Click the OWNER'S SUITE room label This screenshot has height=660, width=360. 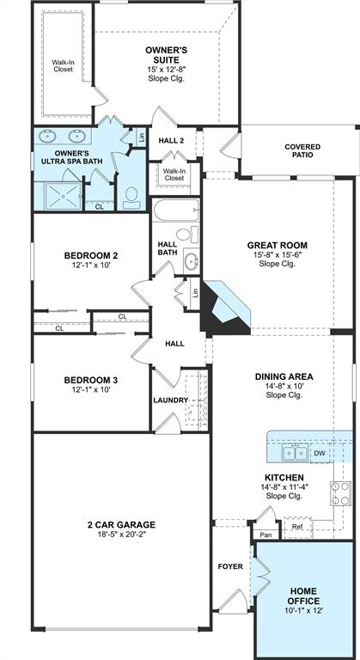(167, 55)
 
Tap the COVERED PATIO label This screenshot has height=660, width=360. (302, 150)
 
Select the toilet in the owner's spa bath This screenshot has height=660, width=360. (131, 198)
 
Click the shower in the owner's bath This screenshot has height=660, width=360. (64, 196)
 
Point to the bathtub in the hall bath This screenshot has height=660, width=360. (176, 210)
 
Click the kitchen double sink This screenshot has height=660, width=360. (295, 454)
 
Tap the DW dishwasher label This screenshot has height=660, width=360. (319, 454)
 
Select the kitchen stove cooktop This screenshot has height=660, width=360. (340, 493)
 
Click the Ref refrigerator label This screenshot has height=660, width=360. (297, 527)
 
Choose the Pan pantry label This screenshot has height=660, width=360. (265, 535)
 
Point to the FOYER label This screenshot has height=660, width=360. (230, 566)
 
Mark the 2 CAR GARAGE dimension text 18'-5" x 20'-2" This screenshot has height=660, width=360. (121, 535)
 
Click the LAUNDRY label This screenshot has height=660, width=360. (170, 400)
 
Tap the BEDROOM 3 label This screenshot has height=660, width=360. (91, 380)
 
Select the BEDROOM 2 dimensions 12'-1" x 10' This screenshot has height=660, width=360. (91, 266)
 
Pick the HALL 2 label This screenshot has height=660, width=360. (171, 141)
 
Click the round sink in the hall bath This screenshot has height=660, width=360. (192, 261)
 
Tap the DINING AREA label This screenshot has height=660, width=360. (284, 376)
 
